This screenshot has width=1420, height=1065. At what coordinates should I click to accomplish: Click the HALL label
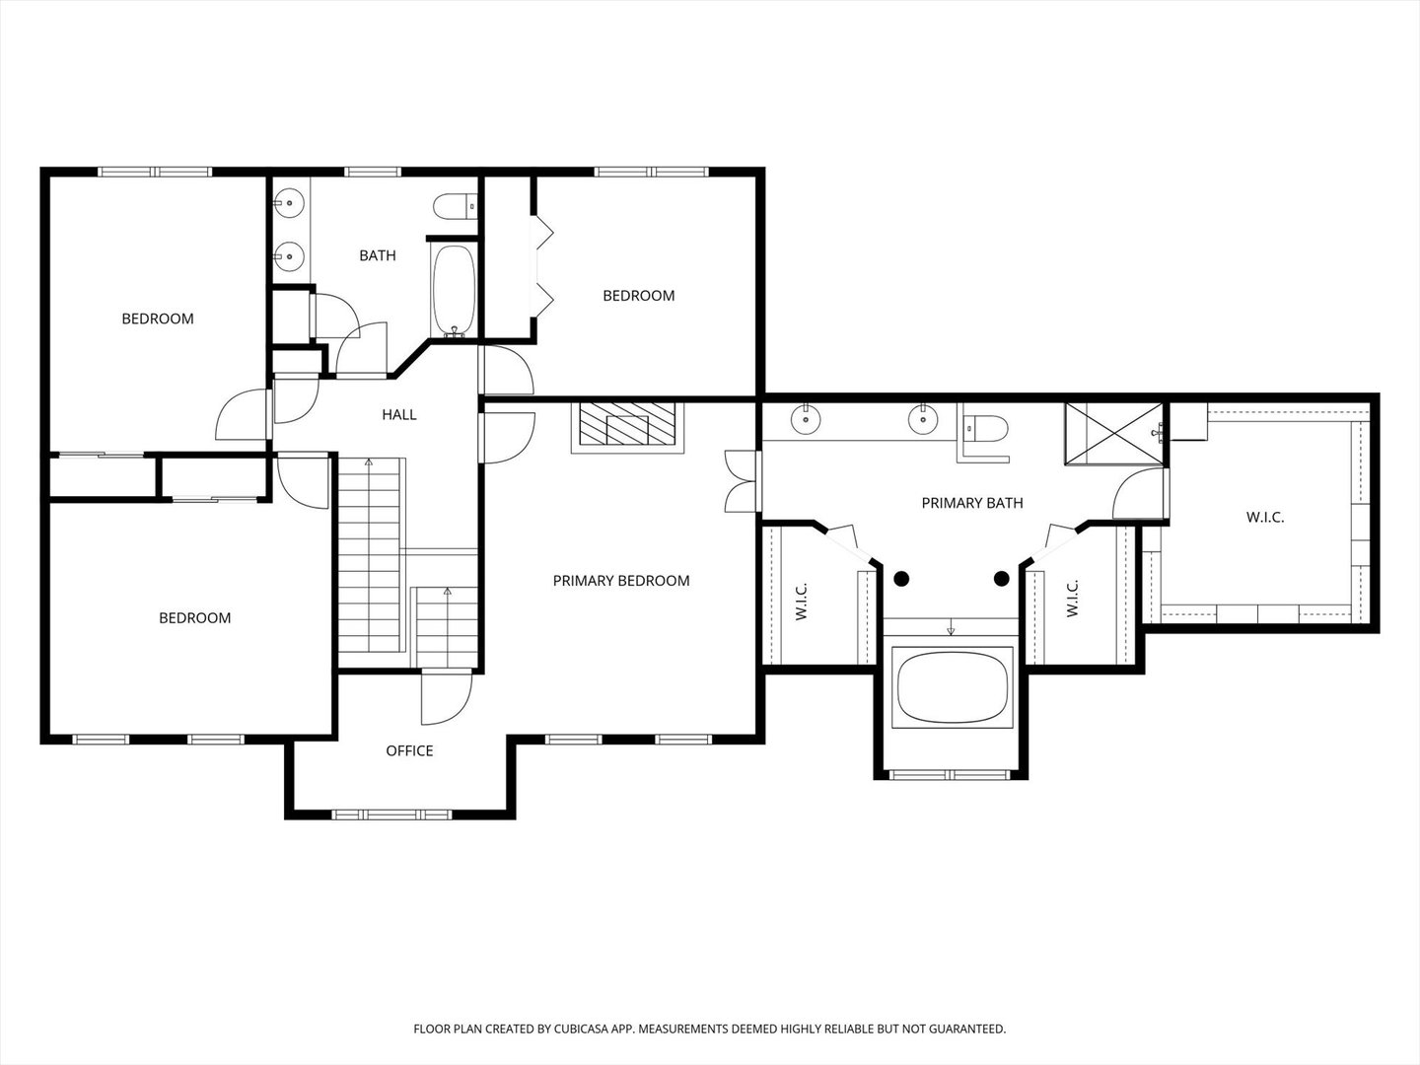coord(399,414)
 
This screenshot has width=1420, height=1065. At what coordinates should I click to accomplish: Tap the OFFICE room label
coord(409,750)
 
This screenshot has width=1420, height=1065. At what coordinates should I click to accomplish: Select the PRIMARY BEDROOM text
coord(621,581)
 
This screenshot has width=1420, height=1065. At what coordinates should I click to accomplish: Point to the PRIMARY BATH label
coord(972,503)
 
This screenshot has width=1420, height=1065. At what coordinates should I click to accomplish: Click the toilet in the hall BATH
coord(456,206)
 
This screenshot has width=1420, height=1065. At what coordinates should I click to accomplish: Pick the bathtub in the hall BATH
coord(454,290)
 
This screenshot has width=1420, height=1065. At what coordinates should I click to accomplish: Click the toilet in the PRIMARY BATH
coord(984,428)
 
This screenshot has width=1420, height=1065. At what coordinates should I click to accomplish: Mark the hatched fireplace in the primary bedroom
coord(627,424)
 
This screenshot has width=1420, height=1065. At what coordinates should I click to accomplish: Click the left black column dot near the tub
coord(901,579)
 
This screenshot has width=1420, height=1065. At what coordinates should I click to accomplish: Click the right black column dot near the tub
coord(1002,579)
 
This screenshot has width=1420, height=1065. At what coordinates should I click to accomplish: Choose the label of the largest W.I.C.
coord(1265,518)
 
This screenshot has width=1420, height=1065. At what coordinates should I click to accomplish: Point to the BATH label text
coord(378,255)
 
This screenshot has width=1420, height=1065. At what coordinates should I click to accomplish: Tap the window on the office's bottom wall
coord(391,815)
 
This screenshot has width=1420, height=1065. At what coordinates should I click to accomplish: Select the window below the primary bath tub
coord(950,775)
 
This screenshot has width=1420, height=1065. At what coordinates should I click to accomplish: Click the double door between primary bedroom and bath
coord(742,482)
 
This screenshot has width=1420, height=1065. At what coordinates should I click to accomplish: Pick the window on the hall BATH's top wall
coord(373,172)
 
